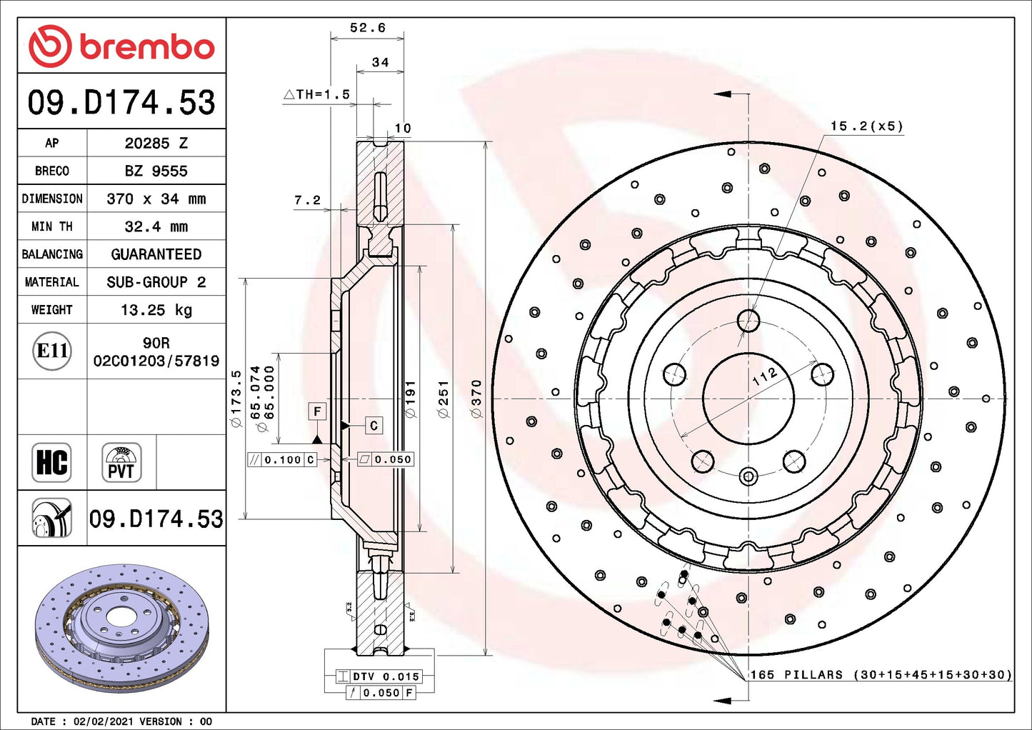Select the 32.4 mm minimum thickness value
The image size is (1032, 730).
pos(156,226)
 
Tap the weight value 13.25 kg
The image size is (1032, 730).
pos(156,310)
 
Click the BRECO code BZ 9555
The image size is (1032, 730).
pos(156,171)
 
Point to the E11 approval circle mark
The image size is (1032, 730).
pos(52,351)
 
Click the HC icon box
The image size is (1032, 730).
pos(51,462)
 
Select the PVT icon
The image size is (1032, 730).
pos(121,462)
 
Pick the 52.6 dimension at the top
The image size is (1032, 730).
pos(367,28)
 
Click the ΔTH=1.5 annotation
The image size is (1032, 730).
pos(317,94)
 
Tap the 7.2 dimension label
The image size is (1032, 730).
pos(307,201)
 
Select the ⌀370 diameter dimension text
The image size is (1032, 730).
pos(476,399)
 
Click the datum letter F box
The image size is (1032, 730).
pos(317,411)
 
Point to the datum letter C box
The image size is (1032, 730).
pos(374,426)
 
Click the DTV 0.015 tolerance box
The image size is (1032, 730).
pos(386,676)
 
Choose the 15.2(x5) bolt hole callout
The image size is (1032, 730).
pos(866,126)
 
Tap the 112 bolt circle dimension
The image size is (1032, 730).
pos(764,376)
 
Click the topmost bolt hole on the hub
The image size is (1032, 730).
pos(748,320)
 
